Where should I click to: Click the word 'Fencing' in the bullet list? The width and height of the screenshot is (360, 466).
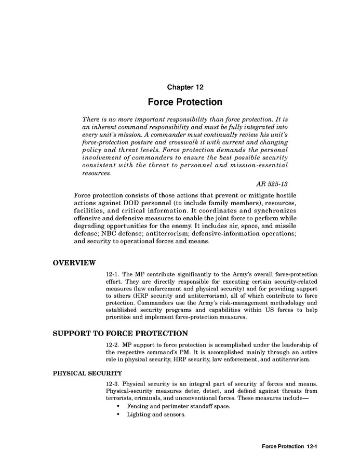[x=138, y=406]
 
